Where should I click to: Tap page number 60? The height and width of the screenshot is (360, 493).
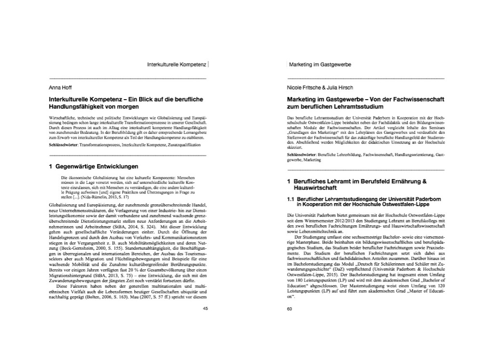tap(289, 309)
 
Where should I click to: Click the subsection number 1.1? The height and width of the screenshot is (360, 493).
tap(291, 199)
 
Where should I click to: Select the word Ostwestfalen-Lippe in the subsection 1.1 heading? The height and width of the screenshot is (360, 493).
tap(398, 204)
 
